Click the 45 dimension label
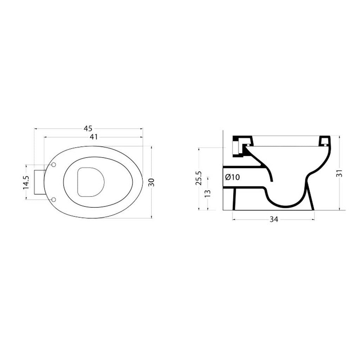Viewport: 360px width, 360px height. pos(88,128)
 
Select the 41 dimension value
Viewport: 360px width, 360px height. pos(94,137)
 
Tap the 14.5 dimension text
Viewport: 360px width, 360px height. pos(26,182)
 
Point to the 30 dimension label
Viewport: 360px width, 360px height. pos(152,182)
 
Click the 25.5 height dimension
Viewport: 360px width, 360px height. pos(199,178)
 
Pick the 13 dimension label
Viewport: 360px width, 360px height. pos(207,193)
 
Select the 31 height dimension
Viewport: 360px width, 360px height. pos(340,173)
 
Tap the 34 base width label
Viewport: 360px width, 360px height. pos(274,219)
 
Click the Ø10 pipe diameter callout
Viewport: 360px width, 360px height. pos(232,177)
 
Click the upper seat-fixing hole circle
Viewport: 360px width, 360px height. pos(53,165)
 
